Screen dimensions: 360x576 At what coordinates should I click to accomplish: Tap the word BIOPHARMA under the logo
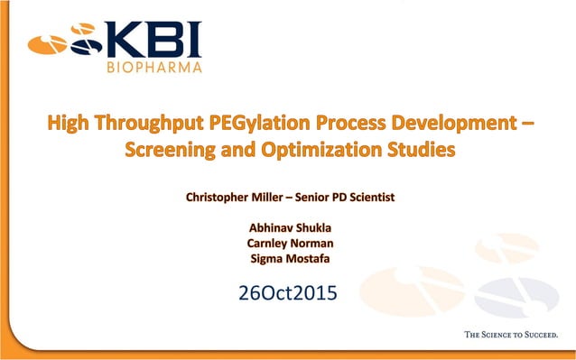point(154,66)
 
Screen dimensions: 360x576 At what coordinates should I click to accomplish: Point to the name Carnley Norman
point(288,244)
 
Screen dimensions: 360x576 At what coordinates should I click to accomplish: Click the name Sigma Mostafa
point(288,260)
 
